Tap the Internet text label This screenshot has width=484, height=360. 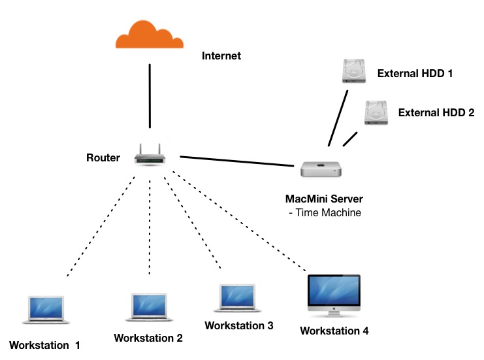(221, 56)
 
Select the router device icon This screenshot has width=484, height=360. (150, 155)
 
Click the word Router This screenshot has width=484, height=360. (103, 157)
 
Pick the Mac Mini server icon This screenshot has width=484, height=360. (321, 169)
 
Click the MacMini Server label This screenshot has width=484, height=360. (324, 199)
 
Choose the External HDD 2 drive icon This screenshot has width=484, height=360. (377, 112)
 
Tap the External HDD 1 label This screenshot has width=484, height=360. (415, 73)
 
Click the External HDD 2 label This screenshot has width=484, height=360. (436, 112)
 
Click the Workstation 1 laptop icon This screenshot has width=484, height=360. (45, 310)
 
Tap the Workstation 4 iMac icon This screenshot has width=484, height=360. (333, 295)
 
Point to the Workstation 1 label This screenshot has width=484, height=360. (44, 344)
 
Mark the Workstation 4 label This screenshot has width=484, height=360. (334, 331)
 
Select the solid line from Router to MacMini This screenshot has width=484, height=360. (236, 161)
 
